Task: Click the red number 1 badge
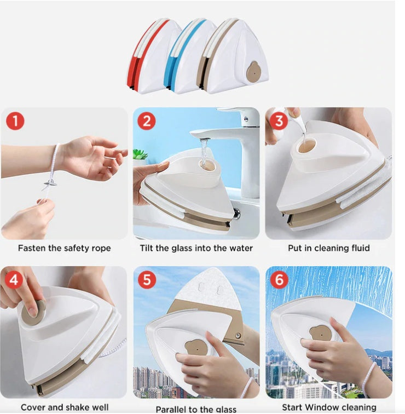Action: pos(15,120)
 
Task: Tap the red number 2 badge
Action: pos(146,120)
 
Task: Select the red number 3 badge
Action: pos(279,120)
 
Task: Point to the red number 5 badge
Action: pos(146,280)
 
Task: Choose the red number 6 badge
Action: pos(279,280)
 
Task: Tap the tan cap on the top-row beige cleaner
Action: pos(253,72)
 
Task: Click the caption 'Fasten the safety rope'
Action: pos(64,248)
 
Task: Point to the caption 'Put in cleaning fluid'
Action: pos(328,248)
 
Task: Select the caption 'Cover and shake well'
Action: pos(63,407)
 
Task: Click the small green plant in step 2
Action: pos(140,155)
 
